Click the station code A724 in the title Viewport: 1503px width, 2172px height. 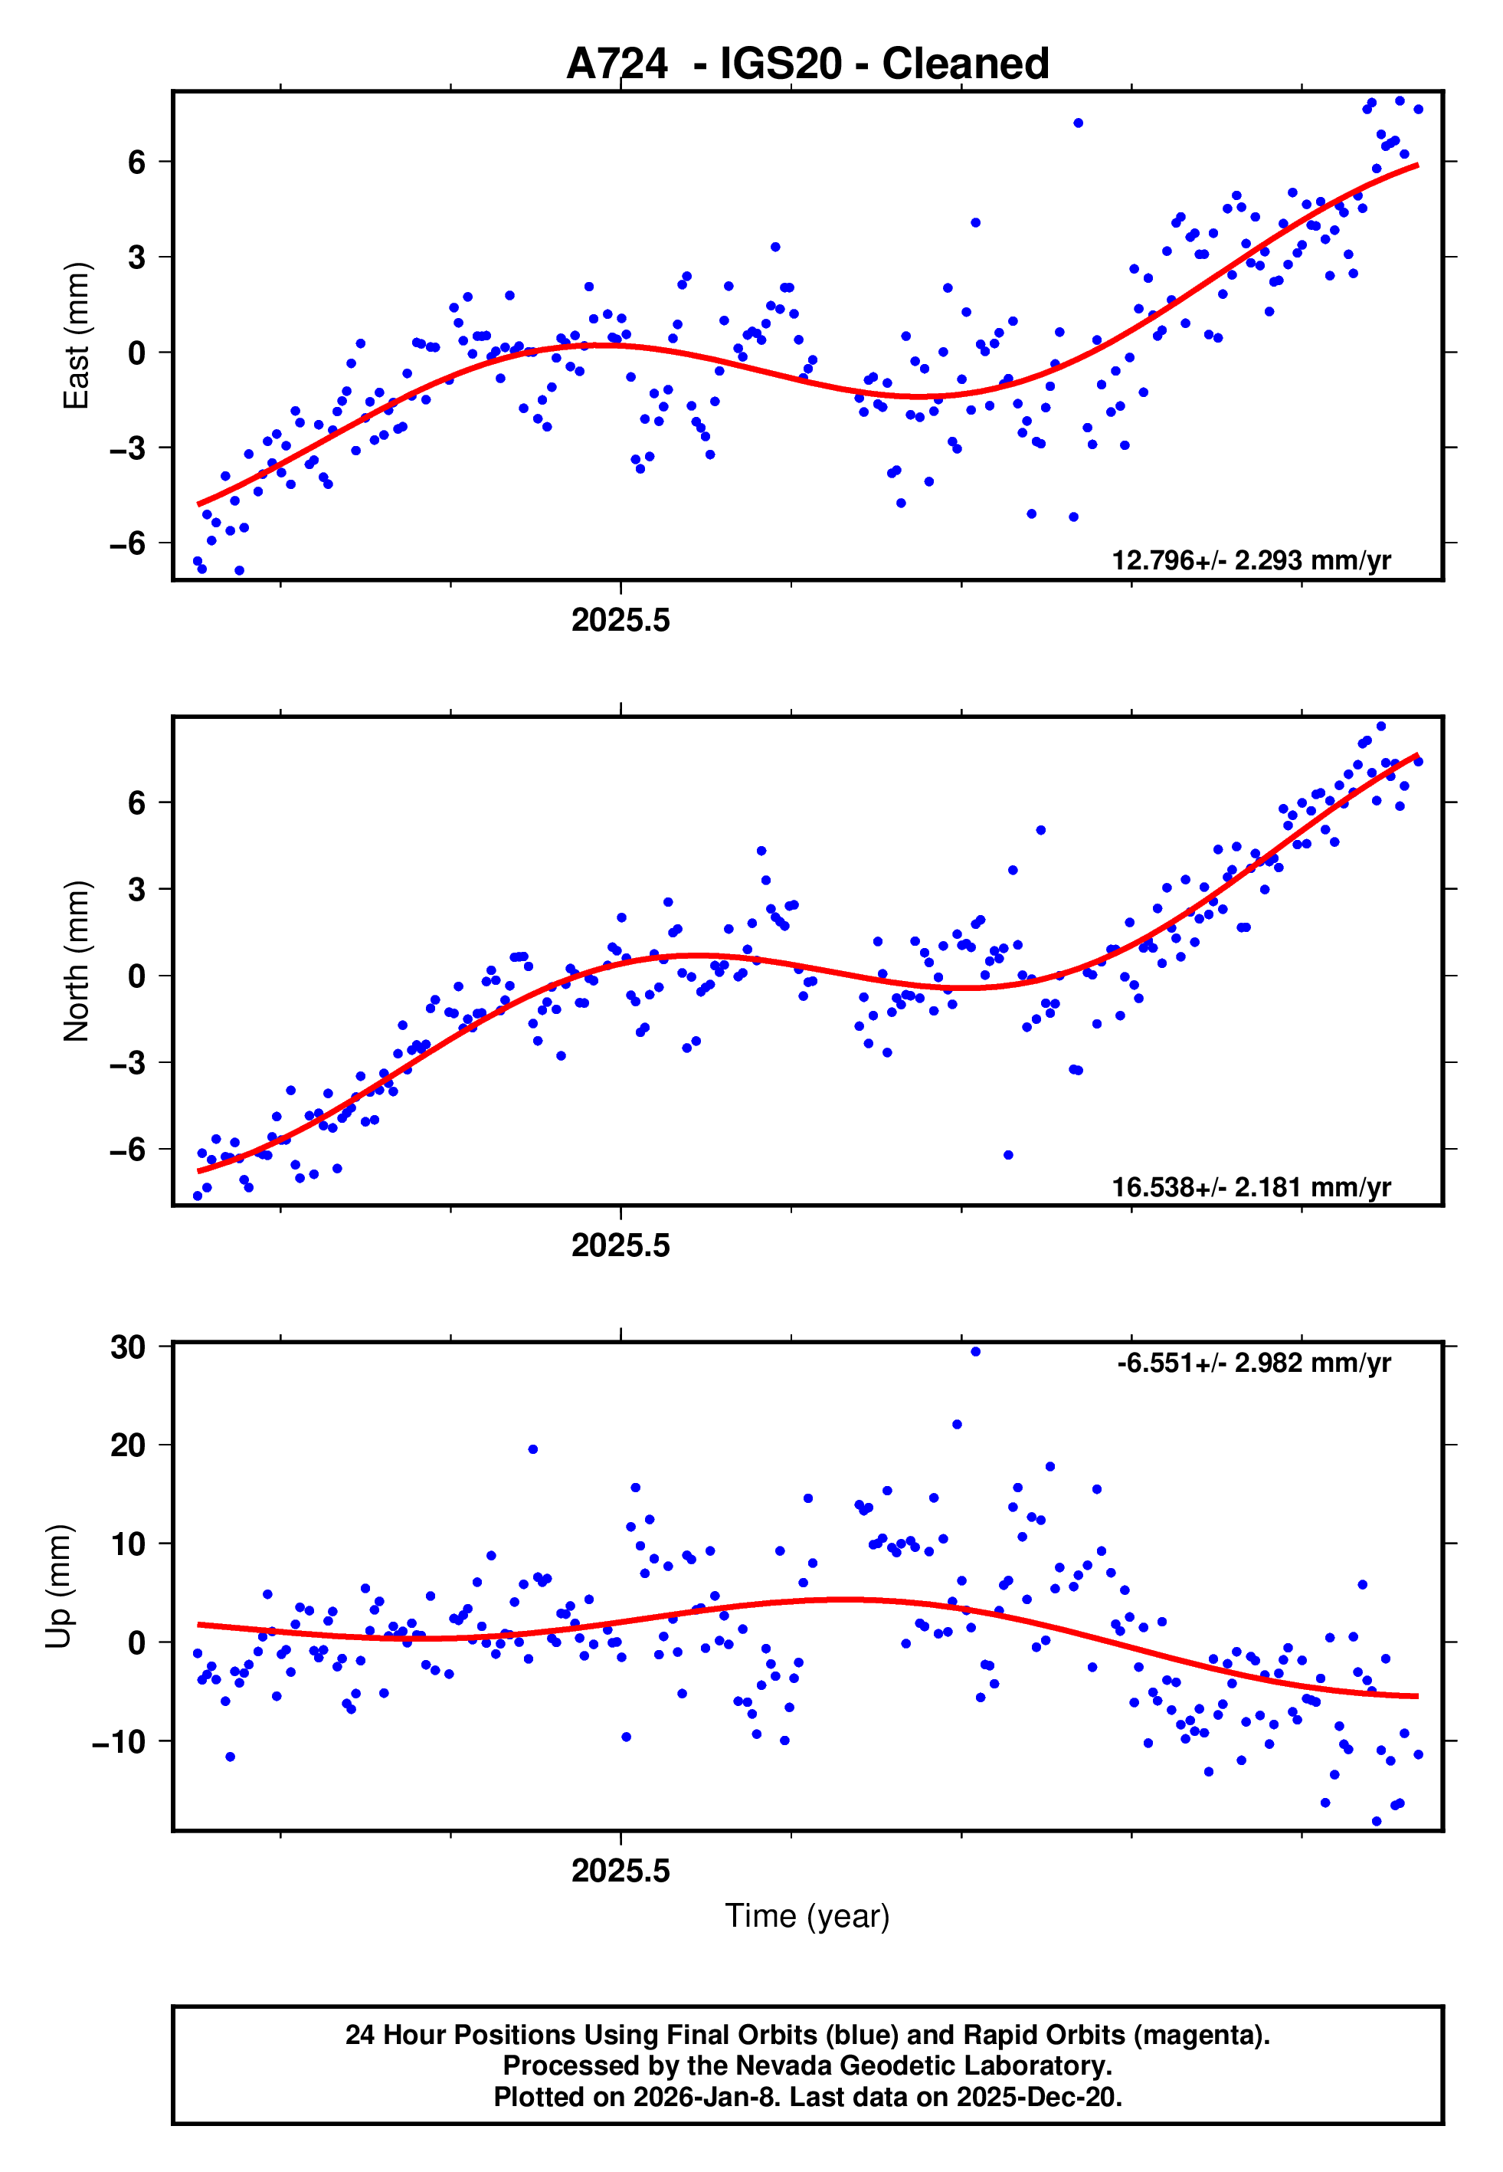coord(617,64)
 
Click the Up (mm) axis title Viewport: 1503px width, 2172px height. coord(58,1586)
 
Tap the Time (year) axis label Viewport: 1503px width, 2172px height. coord(807,1916)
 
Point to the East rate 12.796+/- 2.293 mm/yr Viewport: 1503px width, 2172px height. coord(1251,560)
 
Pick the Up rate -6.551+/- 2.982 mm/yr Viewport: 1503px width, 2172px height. coord(1253,1363)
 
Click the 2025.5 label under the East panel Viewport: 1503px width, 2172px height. coord(621,620)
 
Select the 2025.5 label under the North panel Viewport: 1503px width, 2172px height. coord(621,1245)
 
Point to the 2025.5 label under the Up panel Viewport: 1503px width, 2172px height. coord(621,1871)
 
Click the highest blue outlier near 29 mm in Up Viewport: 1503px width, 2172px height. coord(976,1352)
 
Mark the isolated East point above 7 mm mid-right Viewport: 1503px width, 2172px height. coord(1079,123)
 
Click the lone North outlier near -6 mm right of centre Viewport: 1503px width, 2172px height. coord(1007,1155)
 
